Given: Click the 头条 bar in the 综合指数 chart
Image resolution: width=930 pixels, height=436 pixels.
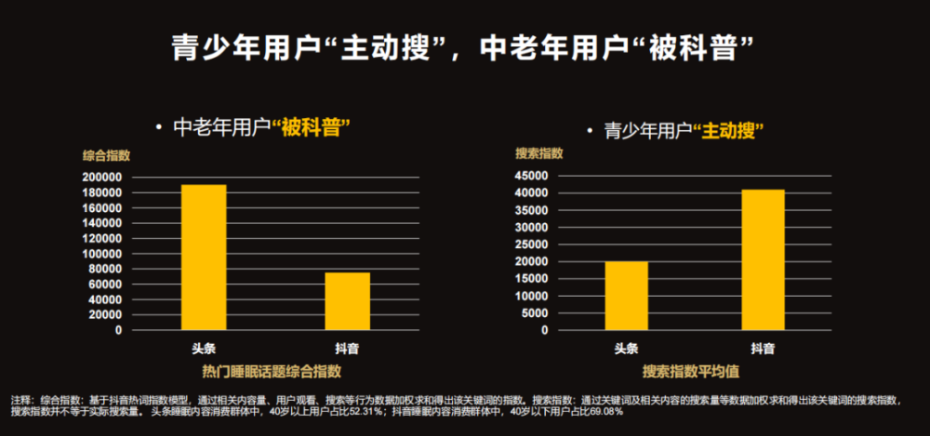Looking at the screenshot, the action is pos(204,258).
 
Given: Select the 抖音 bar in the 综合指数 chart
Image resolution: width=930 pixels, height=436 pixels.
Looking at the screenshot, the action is pos(348,301).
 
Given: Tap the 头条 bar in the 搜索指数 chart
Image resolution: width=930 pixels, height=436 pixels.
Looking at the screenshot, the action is pos(626,296).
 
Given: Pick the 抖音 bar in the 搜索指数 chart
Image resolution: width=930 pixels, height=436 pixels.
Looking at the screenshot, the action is pos(763,259).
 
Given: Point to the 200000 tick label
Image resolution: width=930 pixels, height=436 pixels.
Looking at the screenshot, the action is pos(102,178).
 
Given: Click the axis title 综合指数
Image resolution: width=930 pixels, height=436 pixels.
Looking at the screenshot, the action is pos(106,156).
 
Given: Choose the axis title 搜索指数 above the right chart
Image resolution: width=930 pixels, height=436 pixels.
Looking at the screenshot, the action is pos(539,153).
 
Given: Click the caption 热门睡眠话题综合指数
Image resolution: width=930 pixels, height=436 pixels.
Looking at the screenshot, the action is pos(272,372).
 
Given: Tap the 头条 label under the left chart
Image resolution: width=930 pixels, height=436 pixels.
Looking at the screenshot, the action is pos(204,349).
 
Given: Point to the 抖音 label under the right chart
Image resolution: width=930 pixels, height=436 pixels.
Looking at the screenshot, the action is pos(763,349).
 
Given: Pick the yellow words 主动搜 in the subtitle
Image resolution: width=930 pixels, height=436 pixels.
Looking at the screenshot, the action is pos(728,131).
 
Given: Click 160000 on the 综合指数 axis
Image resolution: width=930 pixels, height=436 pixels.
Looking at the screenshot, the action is pos(102,208).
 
